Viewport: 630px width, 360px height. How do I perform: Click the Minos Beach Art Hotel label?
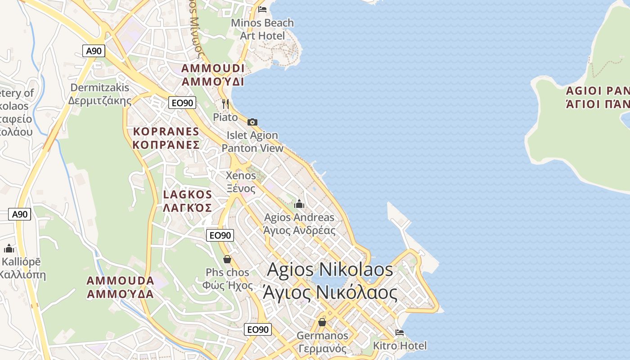(262, 29)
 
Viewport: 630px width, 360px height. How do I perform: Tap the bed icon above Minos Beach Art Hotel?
(262, 9)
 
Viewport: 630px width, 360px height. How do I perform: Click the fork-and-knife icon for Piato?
(225, 104)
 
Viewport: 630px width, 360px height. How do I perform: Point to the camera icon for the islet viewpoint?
(252, 122)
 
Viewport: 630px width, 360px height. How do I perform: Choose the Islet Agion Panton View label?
(252, 142)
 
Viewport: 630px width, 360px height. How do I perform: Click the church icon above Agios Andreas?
(299, 204)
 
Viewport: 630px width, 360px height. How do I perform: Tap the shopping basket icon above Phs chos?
(227, 259)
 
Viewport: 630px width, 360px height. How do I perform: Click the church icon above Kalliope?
(9, 248)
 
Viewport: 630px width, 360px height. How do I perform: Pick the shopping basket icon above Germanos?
(322, 322)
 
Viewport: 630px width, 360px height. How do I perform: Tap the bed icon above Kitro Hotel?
(399, 333)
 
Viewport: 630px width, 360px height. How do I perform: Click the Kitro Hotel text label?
(400, 346)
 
